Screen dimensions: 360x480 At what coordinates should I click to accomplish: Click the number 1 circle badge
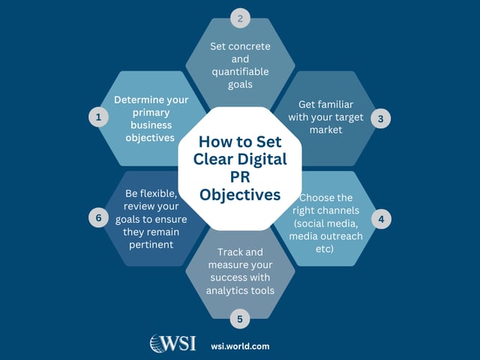pyautogui.click(x=97, y=117)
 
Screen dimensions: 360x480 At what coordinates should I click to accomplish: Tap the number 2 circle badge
pyautogui.click(x=240, y=19)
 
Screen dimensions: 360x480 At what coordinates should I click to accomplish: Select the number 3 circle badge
pyautogui.click(x=381, y=118)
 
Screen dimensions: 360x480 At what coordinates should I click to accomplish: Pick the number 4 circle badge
pyautogui.click(x=381, y=219)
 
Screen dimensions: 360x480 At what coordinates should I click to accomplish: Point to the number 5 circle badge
pyautogui.click(x=239, y=319)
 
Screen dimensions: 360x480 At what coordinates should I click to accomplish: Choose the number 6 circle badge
pyautogui.click(x=97, y=218)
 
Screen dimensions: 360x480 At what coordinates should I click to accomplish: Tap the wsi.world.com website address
pyautogui.click(x=240, y=346)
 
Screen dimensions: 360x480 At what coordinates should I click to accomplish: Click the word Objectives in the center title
pyautogui.click(x=240, y=194)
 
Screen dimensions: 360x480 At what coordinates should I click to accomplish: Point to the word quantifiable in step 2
pyautogui.click(x=240, y=72)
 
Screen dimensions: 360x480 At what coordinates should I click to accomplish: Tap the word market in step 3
pyautogui.click(x=327, y=129)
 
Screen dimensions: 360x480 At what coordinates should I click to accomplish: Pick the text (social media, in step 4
pyautogui.click(x=326, y=223)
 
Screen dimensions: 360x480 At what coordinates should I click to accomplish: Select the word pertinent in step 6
pyautogui.click(x=151, y=244)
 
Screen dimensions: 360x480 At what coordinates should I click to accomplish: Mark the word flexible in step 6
pyautogui.click(x=163, y=193)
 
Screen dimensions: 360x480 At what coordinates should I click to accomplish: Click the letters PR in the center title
pyautogui.click(x=239, y=177)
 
